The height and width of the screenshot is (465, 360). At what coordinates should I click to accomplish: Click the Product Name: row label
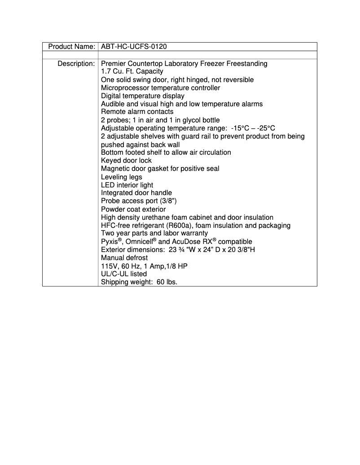coord(71,47)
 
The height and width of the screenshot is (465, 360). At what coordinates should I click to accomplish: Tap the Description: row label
coord(76,64)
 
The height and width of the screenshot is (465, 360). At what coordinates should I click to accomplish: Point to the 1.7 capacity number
coord(105,72)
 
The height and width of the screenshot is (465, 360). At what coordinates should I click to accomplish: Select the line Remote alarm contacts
coord(137,112)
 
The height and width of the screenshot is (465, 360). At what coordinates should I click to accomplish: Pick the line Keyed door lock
coord(126,161)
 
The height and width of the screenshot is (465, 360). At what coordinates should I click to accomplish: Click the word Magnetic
coord(116,169)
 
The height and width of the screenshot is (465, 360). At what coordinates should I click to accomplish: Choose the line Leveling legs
coord(121,177)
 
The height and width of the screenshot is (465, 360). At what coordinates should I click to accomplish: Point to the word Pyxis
coord(109,242)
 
